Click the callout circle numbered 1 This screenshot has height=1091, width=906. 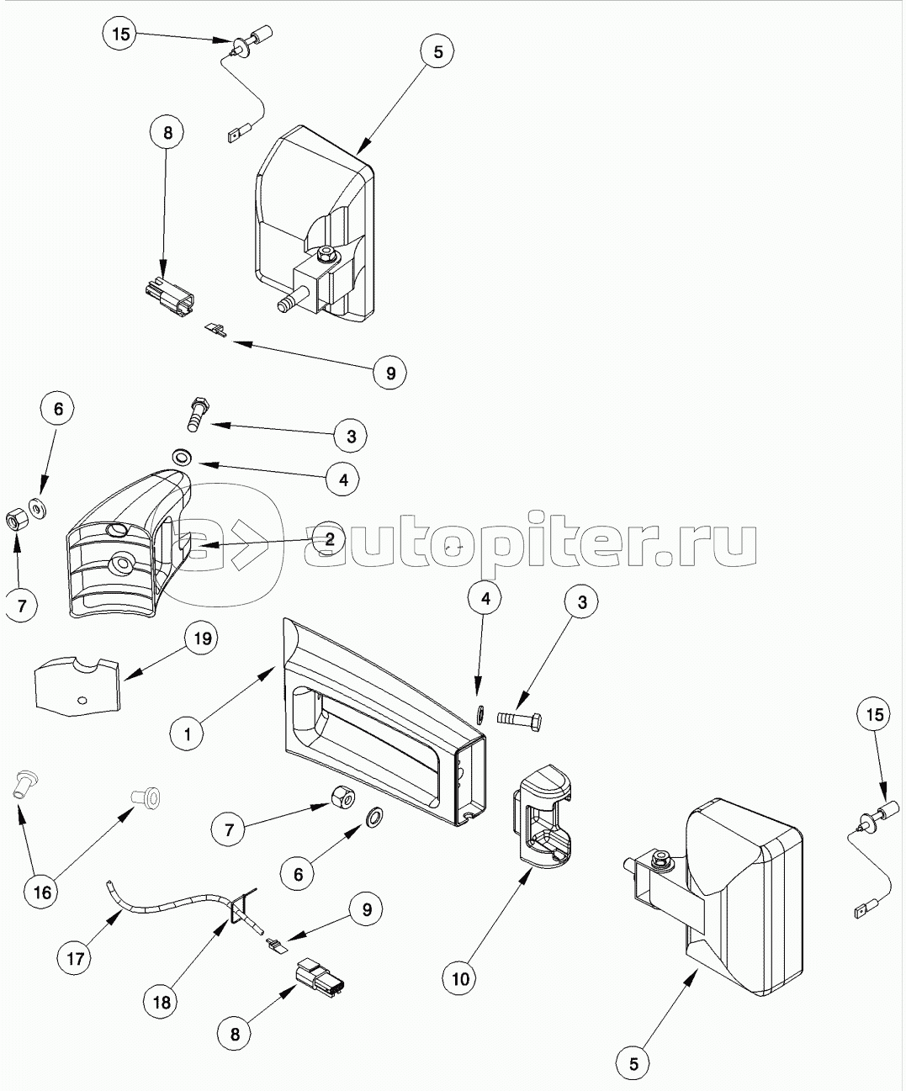coord(188,733)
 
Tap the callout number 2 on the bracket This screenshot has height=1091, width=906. coord(330,539)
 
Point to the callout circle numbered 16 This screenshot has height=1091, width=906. coord(42,892)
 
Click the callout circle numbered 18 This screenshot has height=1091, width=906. coord(162,1002)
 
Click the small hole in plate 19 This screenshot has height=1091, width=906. coord(81,699)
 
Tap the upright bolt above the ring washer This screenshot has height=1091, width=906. coord(196,412)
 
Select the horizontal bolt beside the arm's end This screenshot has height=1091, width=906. coord(519,720)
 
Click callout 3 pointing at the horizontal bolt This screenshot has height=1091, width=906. coord(581,601)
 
